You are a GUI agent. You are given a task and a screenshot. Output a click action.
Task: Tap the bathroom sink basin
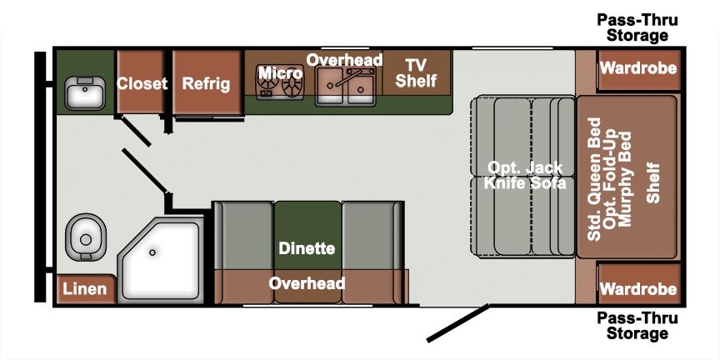84,92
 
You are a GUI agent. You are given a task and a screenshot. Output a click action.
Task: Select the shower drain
152,252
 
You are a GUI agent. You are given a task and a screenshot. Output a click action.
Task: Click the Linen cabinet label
85,289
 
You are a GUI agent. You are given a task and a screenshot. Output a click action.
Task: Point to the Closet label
142,83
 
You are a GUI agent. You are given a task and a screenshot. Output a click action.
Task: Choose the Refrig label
206,83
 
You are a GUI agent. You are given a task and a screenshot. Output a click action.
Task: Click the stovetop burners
281,83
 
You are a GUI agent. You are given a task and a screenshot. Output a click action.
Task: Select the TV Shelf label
416,73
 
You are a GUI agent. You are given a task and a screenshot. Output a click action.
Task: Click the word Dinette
307,248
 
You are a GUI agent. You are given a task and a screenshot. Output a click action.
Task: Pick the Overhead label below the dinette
307,282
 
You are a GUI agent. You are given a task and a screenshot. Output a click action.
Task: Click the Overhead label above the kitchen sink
344,60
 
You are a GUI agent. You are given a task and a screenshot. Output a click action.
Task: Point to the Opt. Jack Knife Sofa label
525,175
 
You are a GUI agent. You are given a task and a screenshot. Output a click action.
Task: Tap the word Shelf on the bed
653,182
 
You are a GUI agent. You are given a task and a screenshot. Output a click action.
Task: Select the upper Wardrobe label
638,68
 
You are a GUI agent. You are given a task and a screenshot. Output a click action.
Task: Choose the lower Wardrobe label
638,289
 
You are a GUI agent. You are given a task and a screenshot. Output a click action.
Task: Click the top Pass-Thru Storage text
637,27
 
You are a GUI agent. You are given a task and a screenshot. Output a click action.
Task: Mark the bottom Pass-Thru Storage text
637,326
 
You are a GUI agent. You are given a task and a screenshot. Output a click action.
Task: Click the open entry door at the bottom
458,322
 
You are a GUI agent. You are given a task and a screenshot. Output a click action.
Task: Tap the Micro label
281,73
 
